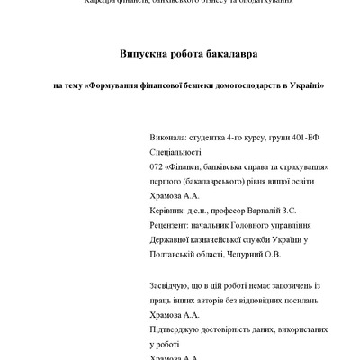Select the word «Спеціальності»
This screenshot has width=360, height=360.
tap(177, 154)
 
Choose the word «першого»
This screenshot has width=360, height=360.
tap(166, 181)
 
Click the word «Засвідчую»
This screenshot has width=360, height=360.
tap(172, 286)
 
